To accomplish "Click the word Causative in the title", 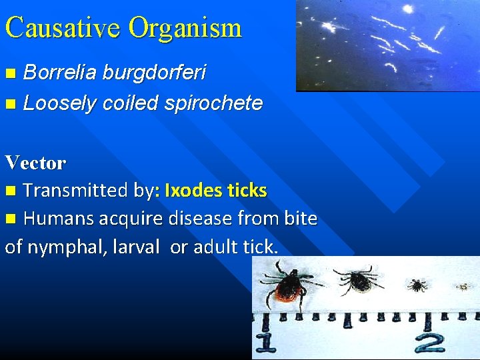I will (63, 27).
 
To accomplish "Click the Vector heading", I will (35, 162).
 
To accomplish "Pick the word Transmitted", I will (76, 191).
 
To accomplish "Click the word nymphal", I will (68, 247).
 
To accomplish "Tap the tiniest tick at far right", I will (463, 287).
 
